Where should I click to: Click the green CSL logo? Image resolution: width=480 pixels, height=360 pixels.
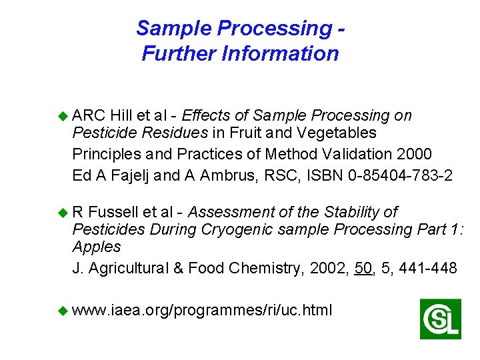click(441, 319)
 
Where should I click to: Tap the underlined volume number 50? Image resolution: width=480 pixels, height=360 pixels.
click(363, 268)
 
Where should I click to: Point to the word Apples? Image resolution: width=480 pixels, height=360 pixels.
click(97, 247)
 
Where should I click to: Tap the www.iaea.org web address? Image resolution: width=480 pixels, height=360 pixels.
click(202, 310)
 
